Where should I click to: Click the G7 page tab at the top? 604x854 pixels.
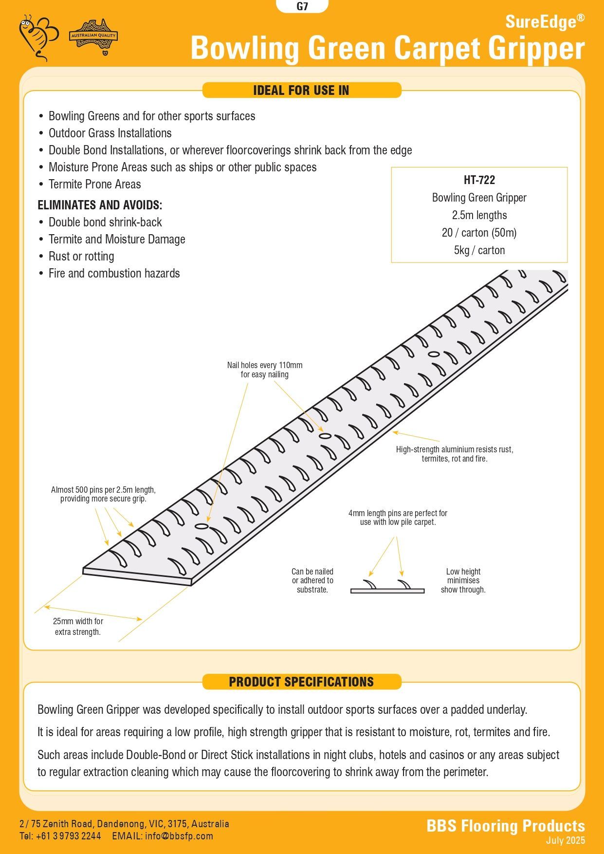click(x=302, y=7)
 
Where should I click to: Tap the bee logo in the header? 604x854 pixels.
click(x=38, y=37)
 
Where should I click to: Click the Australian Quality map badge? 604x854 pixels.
click(x=93, y=36)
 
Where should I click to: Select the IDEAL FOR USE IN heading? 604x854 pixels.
click(x=301, y=90)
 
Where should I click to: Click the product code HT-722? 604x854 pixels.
click(x=479, y=180)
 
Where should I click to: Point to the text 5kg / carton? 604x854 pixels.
click(x=479, y=250)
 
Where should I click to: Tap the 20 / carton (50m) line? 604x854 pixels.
click(x=479, y=233)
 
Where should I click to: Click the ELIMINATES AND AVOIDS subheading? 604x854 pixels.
click(x=100, y=205)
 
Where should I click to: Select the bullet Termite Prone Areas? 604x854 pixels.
click(x=94, y=185)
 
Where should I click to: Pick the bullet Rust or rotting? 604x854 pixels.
click(x=81, y=257)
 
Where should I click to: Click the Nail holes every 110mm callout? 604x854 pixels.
click(x=264, y=370)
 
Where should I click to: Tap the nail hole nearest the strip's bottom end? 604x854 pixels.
click(x=201, y=526)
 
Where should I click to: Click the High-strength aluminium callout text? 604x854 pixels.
click(x=454, y=454)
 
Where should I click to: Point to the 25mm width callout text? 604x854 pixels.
click(x=78, y=627)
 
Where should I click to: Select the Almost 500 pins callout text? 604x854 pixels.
click(x=103, y=494)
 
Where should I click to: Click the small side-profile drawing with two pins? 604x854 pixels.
click(x=387, y=586)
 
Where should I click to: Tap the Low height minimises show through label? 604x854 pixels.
click(x=463, y=580)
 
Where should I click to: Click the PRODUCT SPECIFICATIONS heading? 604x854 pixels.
click(x=301, y=682)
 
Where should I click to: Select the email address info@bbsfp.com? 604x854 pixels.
click(x=179, y=836)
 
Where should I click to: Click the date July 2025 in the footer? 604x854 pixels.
click(x=565, y=840)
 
